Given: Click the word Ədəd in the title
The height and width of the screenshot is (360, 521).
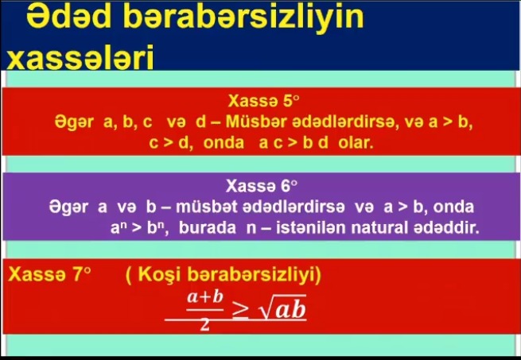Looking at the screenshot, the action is click(x=68, y=17).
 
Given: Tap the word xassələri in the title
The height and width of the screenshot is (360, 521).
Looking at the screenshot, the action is click(x=80, y=56).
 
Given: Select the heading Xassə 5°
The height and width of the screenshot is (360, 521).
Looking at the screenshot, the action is click(x=263, y=101).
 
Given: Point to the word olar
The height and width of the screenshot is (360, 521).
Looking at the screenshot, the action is click(x=356, y=143).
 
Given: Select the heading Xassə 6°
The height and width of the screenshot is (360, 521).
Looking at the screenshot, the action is click(x=262, y=186).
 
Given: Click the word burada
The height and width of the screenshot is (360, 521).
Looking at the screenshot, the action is click(x=208, y=228).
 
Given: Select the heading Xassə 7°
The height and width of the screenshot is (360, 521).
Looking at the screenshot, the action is click(x=49, y=274).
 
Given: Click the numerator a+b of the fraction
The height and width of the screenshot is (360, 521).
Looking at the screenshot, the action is click(x=204, y=297).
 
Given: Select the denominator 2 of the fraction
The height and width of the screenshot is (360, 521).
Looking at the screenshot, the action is click(x=204, y=326).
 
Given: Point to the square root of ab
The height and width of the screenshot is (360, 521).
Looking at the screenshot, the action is click(x=282, y=308).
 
